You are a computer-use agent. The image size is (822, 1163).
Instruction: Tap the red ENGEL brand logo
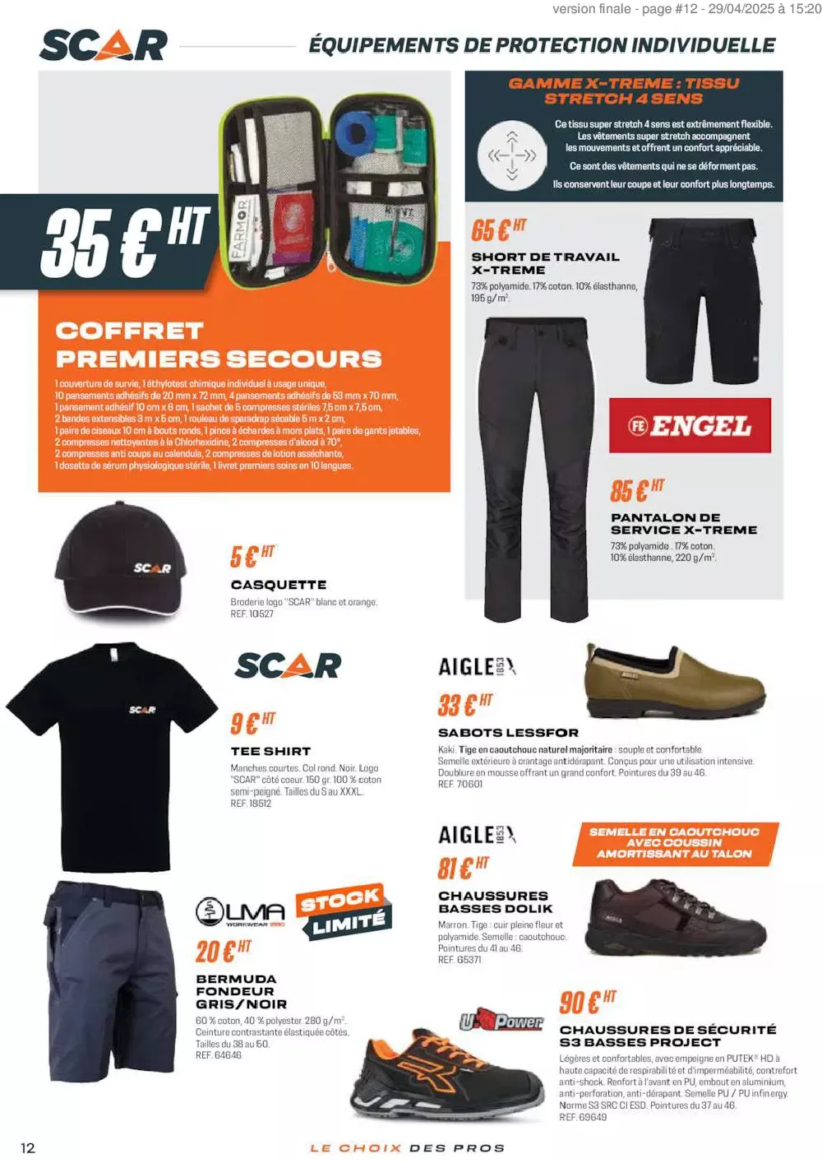coord(690,425)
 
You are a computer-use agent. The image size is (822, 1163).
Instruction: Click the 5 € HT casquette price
coord(252,556)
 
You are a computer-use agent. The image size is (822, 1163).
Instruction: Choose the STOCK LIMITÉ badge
coord(344,911)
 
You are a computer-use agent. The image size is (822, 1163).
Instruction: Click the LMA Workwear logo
coord(240,912)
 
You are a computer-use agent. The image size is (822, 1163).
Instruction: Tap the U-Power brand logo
coord(501,1022)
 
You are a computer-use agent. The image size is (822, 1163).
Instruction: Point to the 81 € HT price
coord(463,867)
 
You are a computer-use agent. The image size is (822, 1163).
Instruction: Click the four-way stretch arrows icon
coord(512,155)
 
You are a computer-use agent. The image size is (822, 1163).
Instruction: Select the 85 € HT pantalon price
coord(637,490)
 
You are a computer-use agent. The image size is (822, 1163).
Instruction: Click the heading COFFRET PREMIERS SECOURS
coord(218,345)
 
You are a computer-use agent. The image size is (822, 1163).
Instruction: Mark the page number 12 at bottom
coord(28,1147)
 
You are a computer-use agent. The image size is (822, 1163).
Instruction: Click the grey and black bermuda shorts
coord(113,975)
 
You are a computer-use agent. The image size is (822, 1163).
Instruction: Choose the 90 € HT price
coord(587,1002)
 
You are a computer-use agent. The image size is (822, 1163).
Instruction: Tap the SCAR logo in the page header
coord(104,44)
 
